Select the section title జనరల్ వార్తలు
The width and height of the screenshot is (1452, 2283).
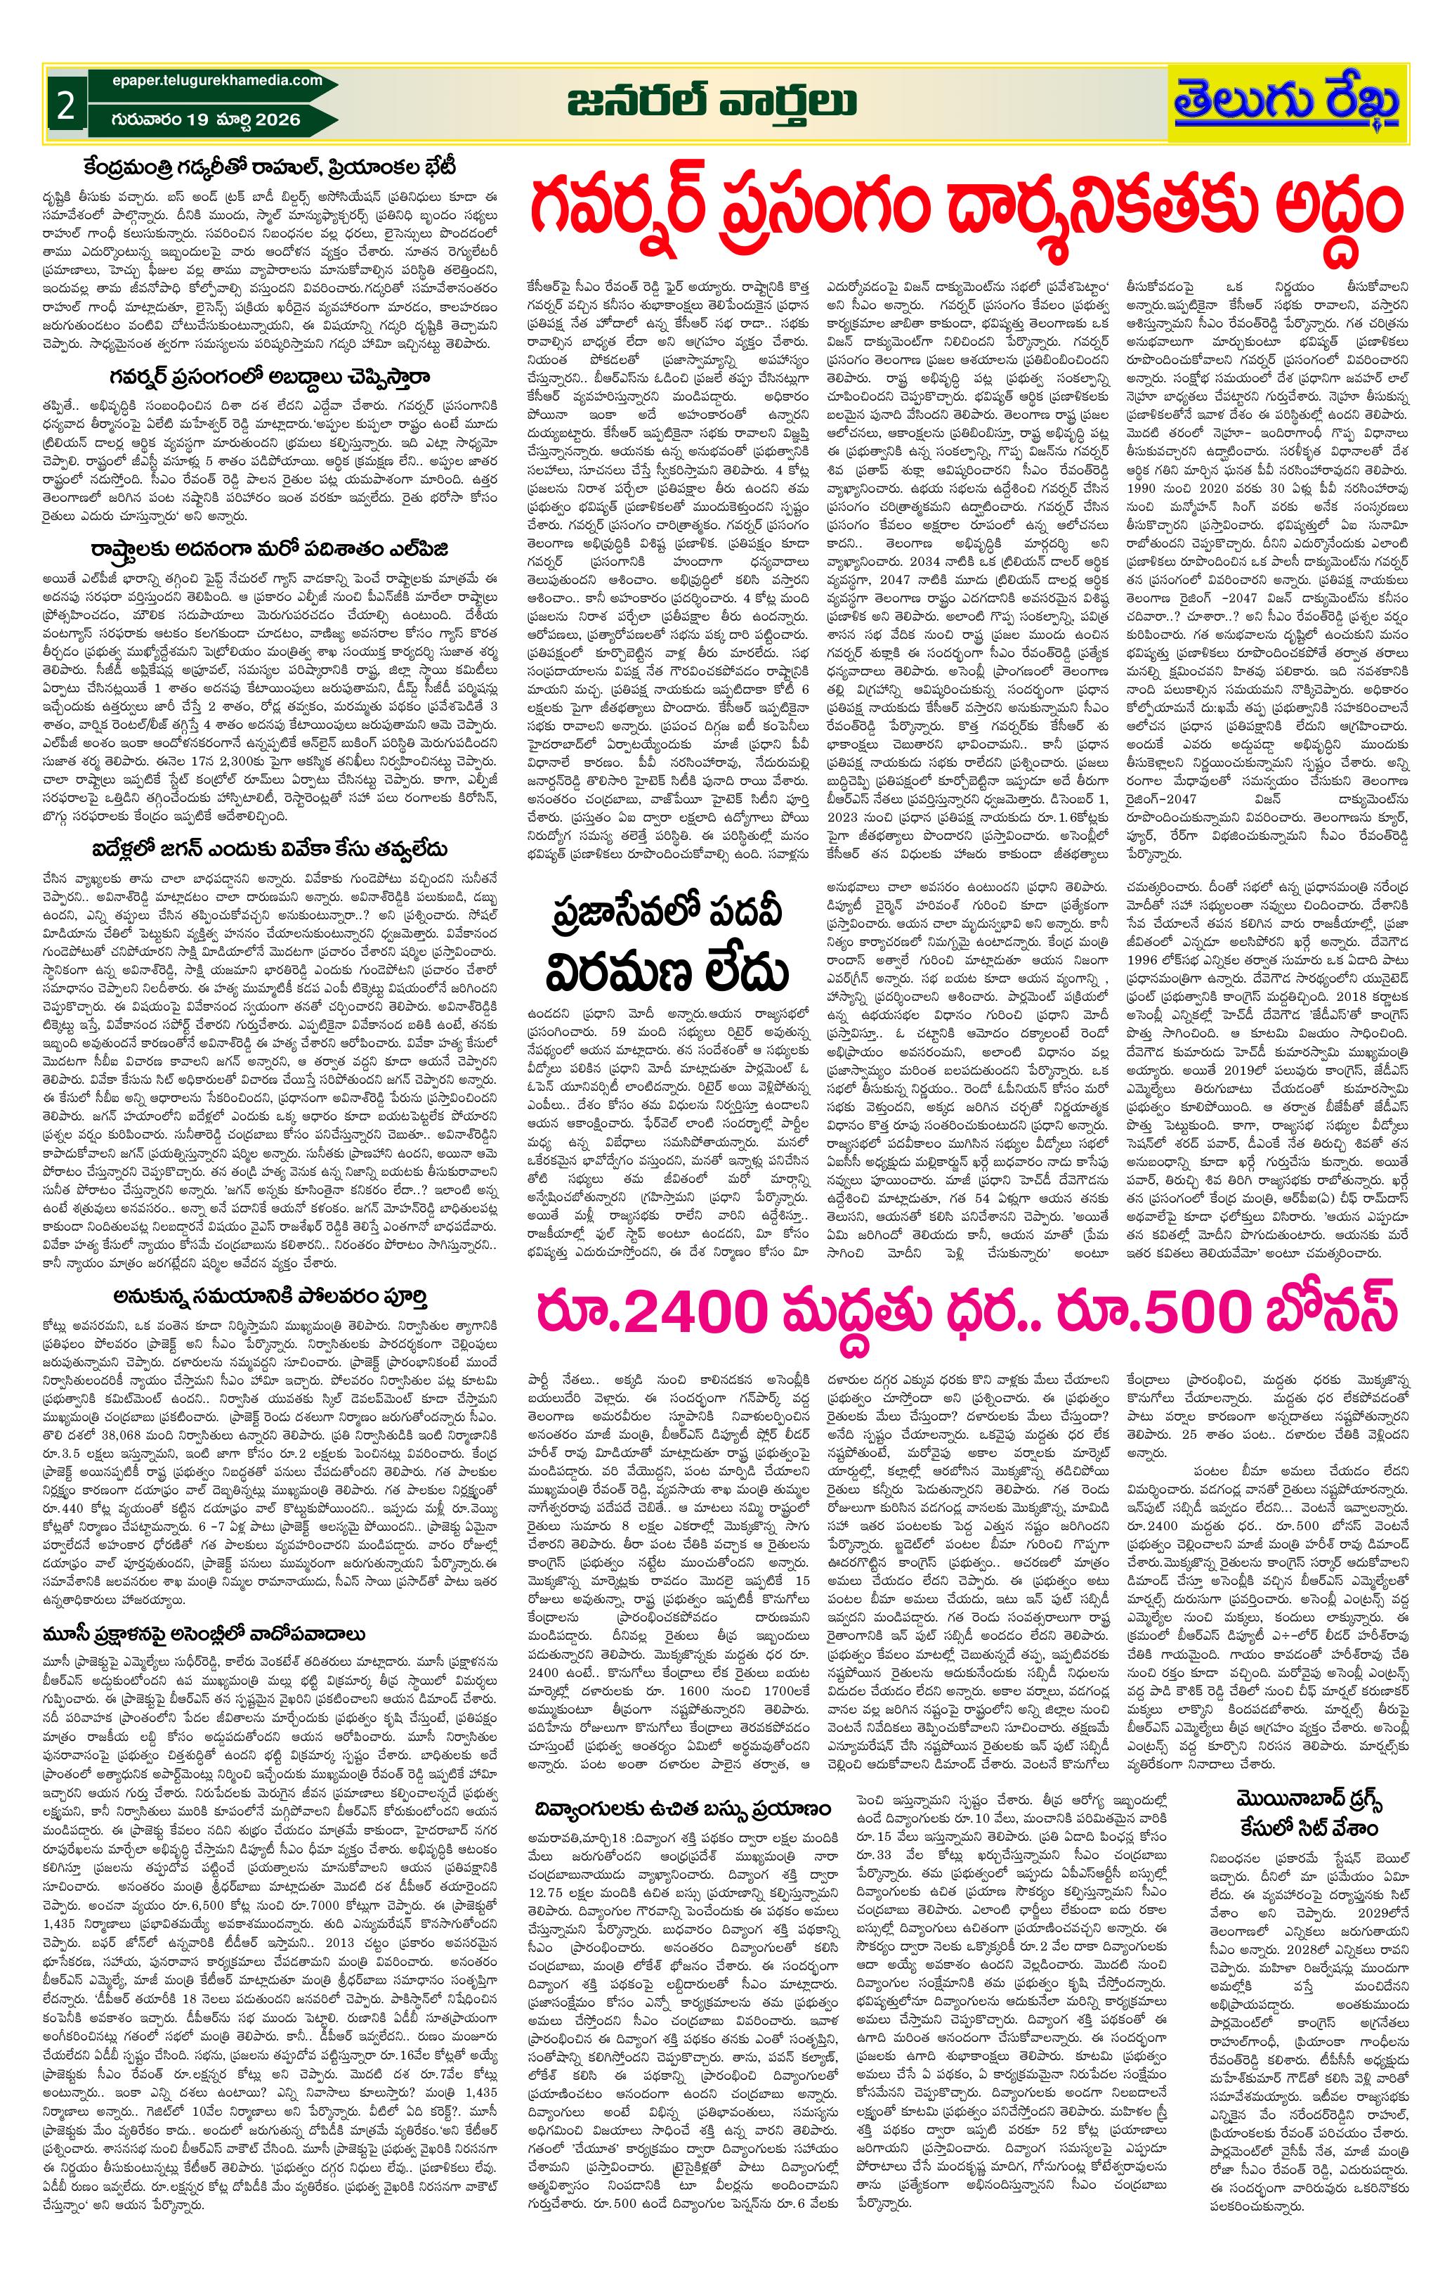point(714,101)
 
